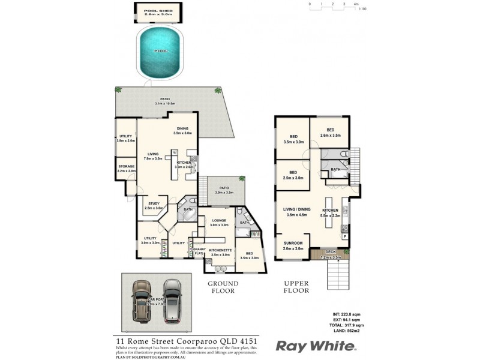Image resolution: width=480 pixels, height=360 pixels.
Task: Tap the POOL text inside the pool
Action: point(160,51)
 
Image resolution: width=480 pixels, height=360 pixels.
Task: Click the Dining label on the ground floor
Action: point(182,128)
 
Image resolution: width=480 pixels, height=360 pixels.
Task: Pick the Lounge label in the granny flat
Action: point(220,221)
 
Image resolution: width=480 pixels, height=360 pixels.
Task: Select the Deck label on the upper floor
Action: point(331,252)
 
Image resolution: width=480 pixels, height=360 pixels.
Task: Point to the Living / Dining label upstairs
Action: point(297,210)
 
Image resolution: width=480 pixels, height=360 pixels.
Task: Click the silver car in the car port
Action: point(172,300)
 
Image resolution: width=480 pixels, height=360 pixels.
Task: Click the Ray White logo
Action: point(316,346)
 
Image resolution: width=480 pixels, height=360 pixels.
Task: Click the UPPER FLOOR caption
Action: point(296,287)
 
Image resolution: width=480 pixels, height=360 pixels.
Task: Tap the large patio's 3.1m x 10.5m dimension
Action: point(163,104)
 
